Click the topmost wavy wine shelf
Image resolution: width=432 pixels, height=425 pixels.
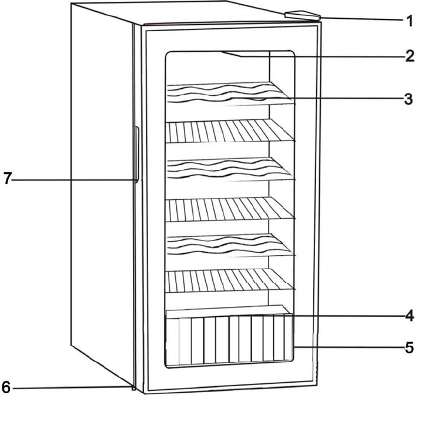pyautogui.click(x=229, y=94)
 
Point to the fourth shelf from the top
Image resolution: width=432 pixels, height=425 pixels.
pyautogui.click(x=229, y=208)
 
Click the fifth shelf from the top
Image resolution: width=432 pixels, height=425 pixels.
pyautogui.click(x=229, y=246)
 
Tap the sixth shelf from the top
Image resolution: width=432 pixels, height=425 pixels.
pyautogui.click(x=229, y=280)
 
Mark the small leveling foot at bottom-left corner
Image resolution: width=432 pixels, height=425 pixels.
pyautogui.click(x=134, y=388)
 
